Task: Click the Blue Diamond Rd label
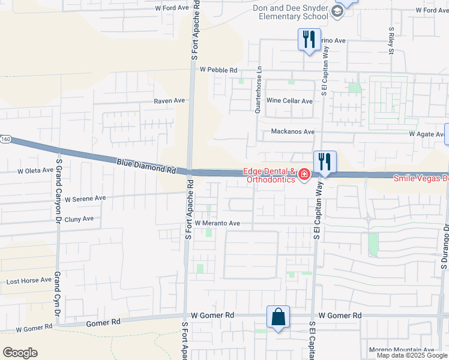146,166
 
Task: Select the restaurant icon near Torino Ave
309,40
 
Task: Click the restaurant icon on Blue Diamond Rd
325,161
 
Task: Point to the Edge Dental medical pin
305,175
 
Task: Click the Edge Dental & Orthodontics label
270,175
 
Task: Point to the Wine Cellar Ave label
289,101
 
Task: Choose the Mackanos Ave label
292,131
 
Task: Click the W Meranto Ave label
217,223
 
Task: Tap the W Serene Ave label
85,198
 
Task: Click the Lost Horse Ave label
29,281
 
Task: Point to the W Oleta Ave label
35,170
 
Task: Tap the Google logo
20,353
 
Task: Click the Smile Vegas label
420,178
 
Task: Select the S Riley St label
391,40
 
